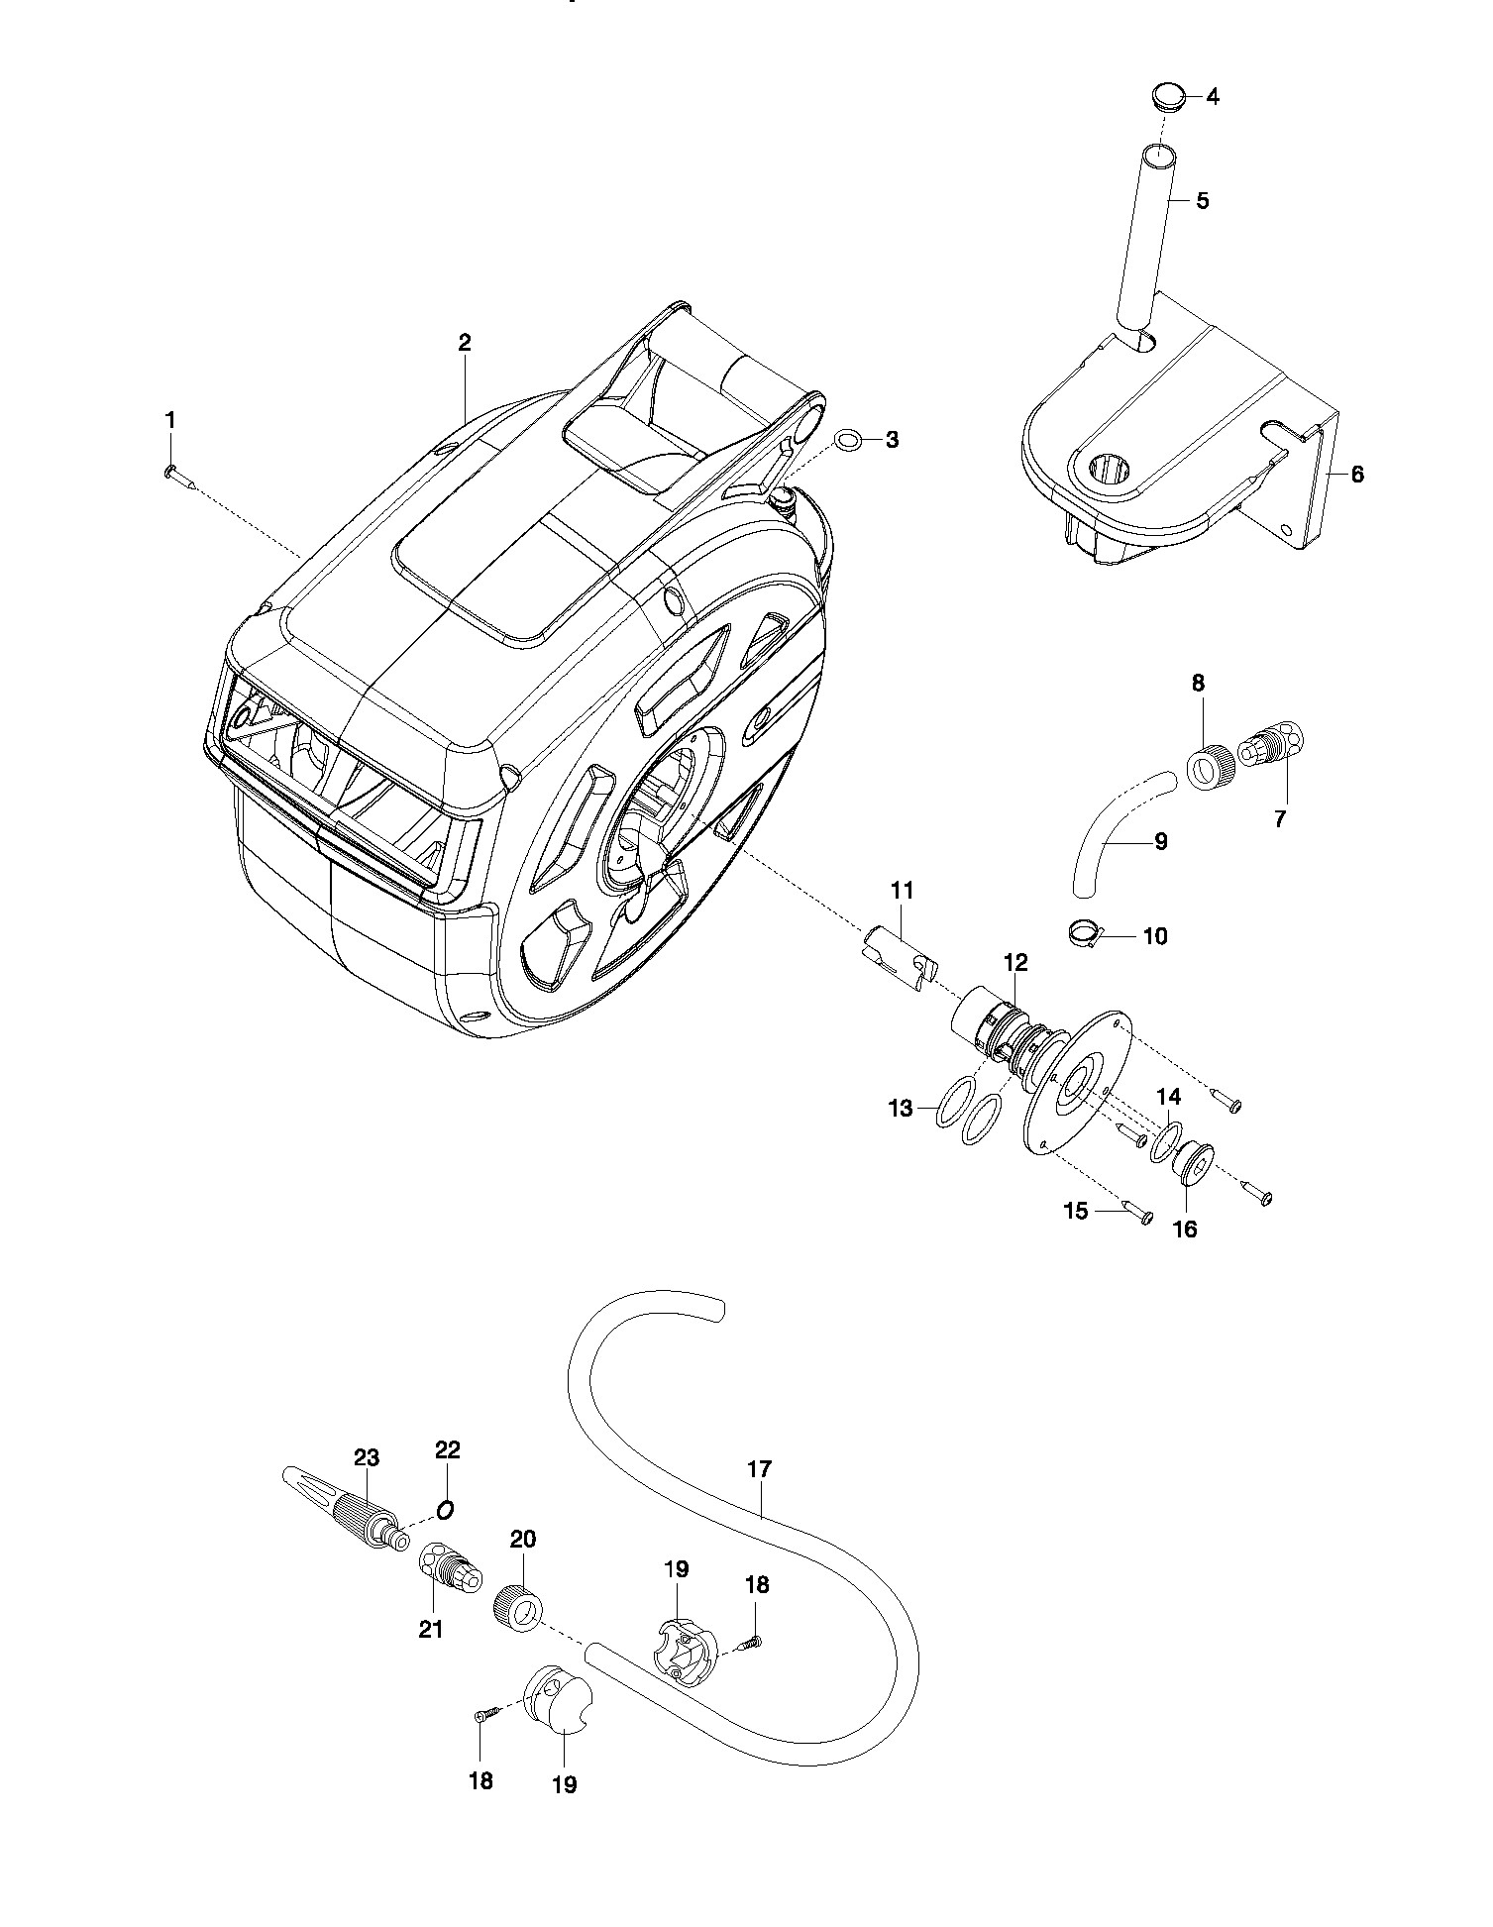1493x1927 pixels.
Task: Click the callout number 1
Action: (169, 421)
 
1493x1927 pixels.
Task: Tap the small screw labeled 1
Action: (179, 477)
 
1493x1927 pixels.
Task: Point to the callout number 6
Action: (1356, 475)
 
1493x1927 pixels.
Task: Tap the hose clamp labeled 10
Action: (1087, 930)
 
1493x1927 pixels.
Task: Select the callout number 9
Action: (1161, 842)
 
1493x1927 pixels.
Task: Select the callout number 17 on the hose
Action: (759, 1469)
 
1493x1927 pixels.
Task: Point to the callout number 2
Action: (465, 343)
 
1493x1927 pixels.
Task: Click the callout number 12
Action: (1015, 962)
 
